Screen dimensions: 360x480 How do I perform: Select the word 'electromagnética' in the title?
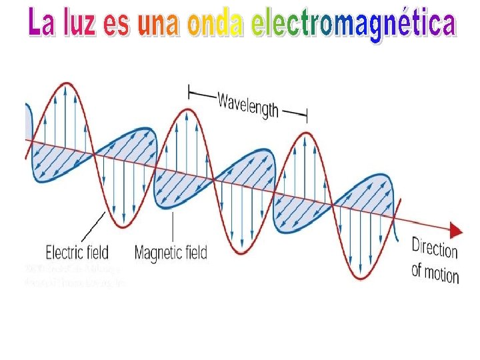[353, 25]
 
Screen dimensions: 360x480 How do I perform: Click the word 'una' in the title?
[159, 25]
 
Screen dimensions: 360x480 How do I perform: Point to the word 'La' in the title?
[39, 25]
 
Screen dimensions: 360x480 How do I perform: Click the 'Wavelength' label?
[247, 105]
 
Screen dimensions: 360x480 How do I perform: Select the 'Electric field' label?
[77, 253]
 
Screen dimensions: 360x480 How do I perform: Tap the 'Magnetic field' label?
[171, 253]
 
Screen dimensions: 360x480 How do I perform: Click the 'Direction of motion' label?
[435, 259]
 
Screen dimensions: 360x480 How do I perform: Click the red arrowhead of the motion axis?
[456, 231]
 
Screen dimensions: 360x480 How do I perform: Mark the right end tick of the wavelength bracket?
[307, 116]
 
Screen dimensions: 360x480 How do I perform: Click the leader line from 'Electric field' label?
[93, 227]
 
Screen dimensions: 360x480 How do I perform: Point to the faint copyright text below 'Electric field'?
[73, 275]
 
